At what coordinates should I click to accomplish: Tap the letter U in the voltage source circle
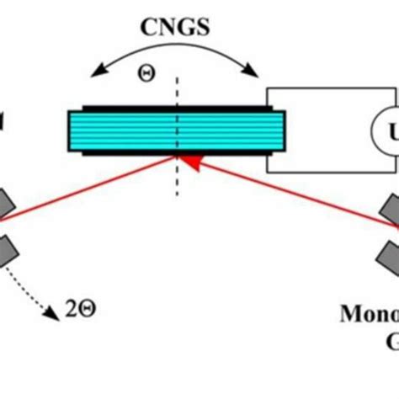click(x=392, y=130)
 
